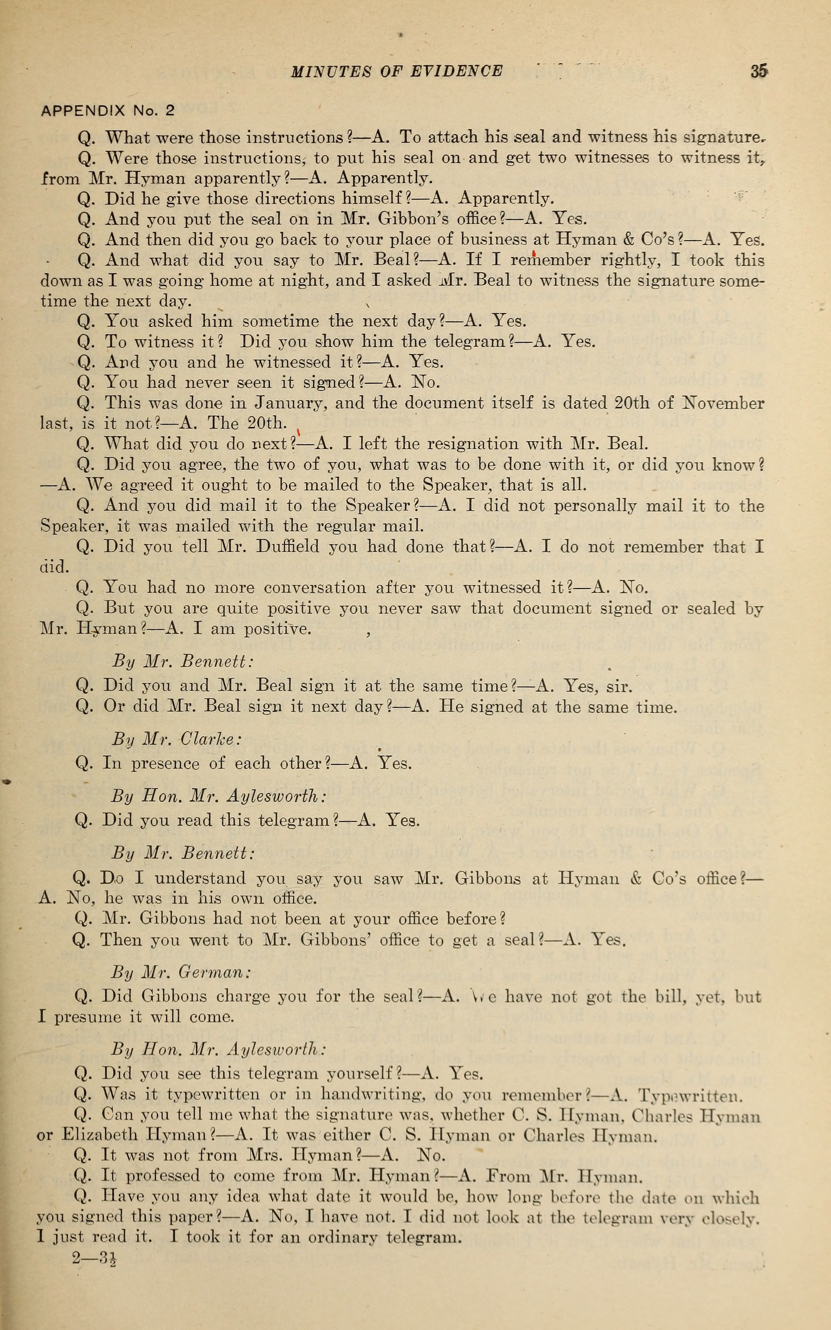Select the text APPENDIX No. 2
point(108,110)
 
